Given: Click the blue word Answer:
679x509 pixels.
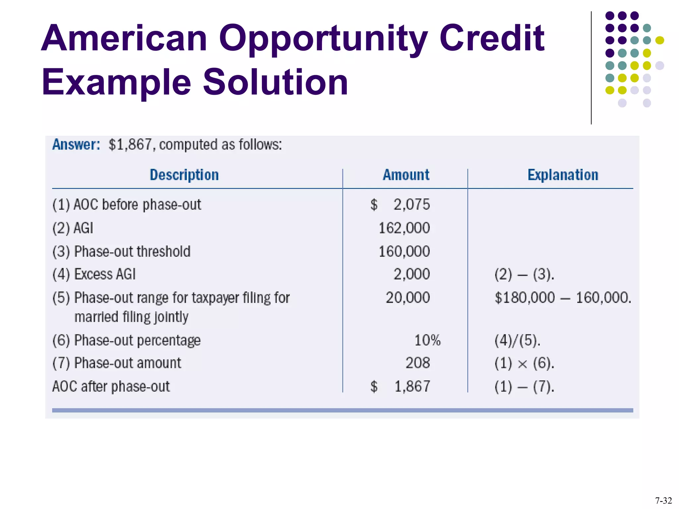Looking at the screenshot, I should tap(76, 145).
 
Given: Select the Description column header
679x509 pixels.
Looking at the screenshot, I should tap(184, 175).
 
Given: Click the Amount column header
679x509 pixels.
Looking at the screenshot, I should tap(406, 175).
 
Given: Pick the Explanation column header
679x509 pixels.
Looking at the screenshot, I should tap(563, 175).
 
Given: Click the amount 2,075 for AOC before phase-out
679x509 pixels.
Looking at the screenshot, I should tap(411, 205).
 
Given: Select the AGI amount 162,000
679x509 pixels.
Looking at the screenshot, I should tap(404, 228).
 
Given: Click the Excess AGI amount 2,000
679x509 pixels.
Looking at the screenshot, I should tap(411, 274).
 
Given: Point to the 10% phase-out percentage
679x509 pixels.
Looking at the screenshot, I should tap(427, 341).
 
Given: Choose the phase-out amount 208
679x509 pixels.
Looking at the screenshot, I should tap(417, 363).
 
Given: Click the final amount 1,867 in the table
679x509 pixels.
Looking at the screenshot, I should tap(412, 387).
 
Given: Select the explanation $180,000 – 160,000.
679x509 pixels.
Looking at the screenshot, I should tap(563, 298).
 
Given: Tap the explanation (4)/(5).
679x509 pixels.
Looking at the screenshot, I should tap(517, 341).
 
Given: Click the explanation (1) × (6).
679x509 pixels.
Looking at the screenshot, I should tap(524, 364).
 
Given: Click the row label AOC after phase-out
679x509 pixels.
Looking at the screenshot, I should tap(111, 387).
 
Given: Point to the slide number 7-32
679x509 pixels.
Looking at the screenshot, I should tap(663, 500).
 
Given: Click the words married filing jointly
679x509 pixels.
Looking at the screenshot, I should tap(131, 317).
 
